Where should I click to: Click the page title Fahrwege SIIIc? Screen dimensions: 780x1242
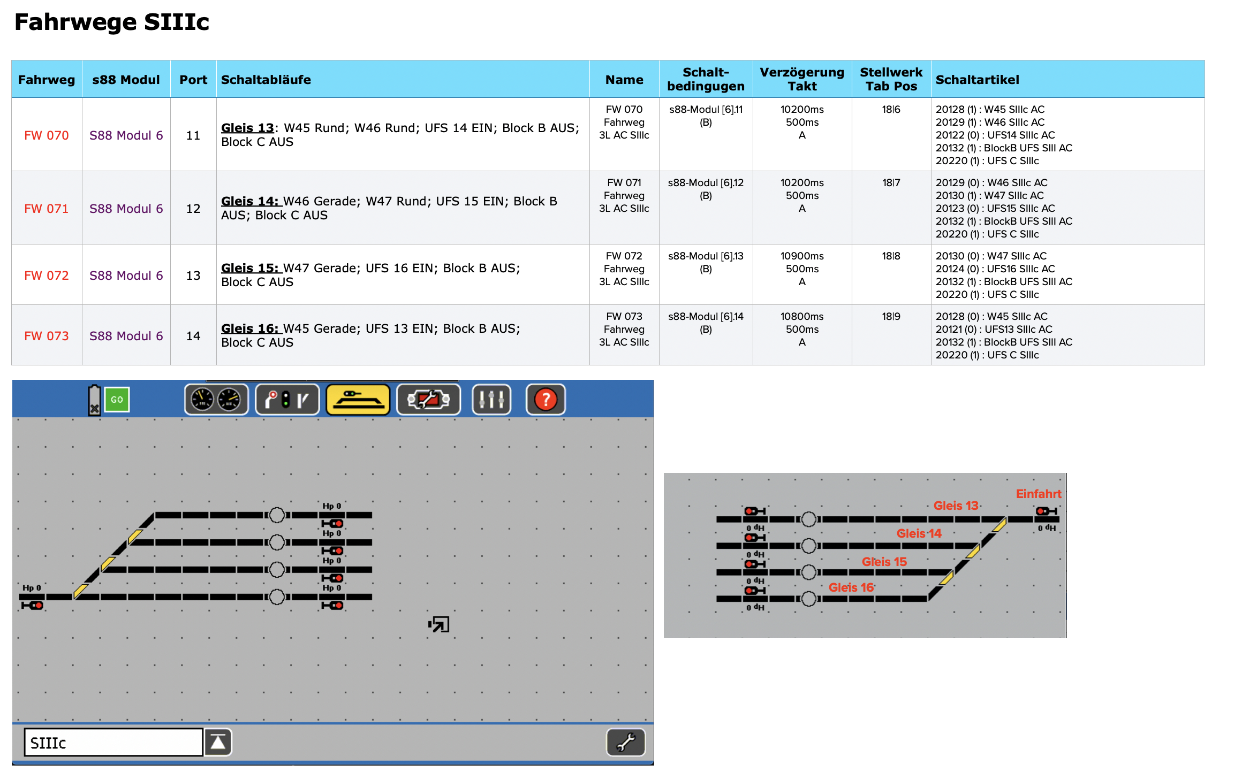point(111,22)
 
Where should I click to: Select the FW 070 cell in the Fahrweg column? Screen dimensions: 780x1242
point(47,135)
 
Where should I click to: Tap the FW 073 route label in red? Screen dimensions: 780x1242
point(47,336)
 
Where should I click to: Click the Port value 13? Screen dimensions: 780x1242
point(193,276)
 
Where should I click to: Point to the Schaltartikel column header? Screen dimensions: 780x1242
point(977,80)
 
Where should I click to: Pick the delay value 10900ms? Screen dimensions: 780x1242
point(802,256)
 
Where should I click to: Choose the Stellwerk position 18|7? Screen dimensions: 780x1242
point(891,183)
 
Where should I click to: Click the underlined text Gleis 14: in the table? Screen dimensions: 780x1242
point(250,201)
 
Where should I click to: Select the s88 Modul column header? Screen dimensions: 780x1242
point(126,80)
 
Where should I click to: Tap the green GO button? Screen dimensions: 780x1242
point(117,400)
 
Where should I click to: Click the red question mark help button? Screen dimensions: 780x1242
point(546,400)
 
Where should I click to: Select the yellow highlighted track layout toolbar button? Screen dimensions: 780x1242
point(358,400)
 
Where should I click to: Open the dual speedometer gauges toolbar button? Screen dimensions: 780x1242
point(216,400)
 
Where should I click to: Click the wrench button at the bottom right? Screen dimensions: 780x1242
point(625,743)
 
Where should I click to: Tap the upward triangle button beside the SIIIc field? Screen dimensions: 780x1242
point(218,743)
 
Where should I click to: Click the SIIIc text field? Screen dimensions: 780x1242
point(113,743)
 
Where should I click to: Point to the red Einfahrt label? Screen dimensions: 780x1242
point(1038,494)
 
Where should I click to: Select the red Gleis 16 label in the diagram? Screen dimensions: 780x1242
point(851,587)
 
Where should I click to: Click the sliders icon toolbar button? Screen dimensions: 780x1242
point(491,400)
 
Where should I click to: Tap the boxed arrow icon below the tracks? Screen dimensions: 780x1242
point(439,624)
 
